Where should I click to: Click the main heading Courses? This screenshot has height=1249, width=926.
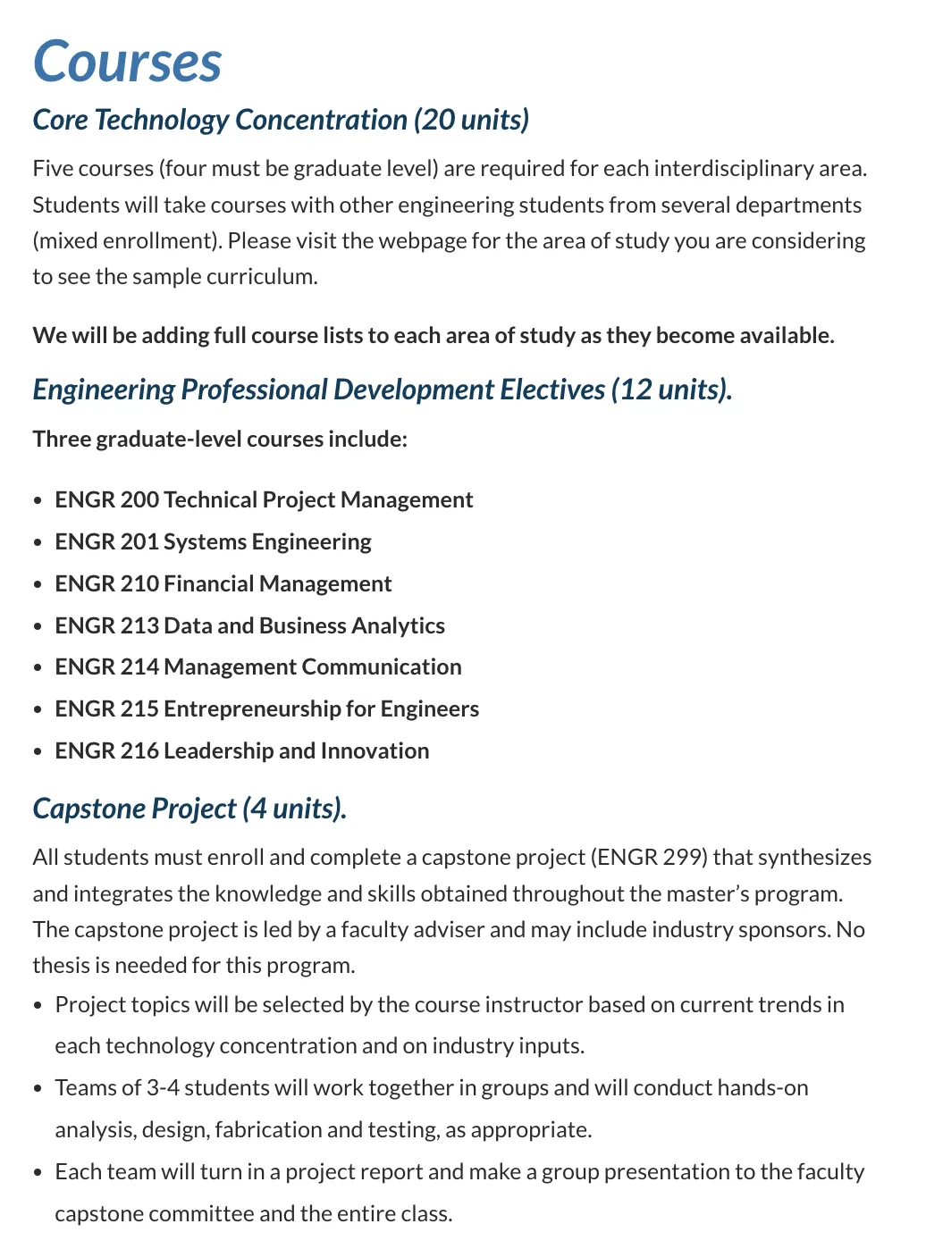tap(127, 62)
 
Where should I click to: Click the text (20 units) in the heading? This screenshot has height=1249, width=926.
tap(471, 120)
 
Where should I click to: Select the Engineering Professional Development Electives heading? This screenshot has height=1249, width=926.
tap(382, 390)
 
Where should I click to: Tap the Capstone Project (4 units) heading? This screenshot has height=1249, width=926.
tap(189, 809)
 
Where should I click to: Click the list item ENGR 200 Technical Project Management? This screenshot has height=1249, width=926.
tap(264, 500)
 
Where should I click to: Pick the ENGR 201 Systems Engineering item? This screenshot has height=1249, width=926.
tap(213, 542)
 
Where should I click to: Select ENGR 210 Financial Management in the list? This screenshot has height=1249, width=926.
tap(223, 584)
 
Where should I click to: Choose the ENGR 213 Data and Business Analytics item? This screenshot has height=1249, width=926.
tap(249, 626)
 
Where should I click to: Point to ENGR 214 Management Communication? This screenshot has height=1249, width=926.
tap(258, 667)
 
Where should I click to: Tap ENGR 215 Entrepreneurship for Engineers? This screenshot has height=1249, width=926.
tap(266, 709)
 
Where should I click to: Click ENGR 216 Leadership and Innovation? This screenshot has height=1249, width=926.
tap(241, 751)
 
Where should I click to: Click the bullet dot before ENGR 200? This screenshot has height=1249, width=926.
tap(37, 501)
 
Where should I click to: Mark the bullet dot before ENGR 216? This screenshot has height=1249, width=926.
tap(37, 752)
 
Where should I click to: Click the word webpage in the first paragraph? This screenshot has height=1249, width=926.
tap(424, 241)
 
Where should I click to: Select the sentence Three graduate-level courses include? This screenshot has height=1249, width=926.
tap(220, 440)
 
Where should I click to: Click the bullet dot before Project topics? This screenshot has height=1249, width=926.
tap(37, 1006)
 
